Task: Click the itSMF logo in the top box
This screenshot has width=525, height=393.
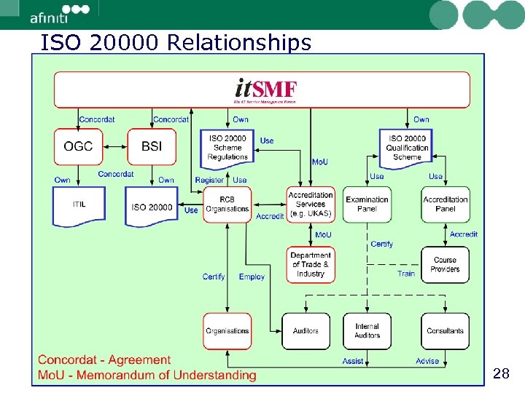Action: pyautogui.click(x=265, y=89)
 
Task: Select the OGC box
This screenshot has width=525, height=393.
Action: pyautogui.click(x=78, y=146)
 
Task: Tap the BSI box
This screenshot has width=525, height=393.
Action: pyautogui.click(x=152, y=146)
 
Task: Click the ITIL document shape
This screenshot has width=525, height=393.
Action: pyautogui.click(x=78, y=205)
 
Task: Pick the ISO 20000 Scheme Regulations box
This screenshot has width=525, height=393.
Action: pyautogui.click(x=227, y=148)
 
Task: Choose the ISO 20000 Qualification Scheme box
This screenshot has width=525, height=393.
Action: pyautogui.click(x=407, y=148)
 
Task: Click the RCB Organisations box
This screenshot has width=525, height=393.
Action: pyautogui.click(x=227, y=205)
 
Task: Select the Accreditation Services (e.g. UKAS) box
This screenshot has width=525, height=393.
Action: pyautogui.click(x=311, y=205)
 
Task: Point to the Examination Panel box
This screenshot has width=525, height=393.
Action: pyautogui.click(x=367, y=205)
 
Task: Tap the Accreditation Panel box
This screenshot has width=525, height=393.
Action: pyautogui.click(x=445, y=205)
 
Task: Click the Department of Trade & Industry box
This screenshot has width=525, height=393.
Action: pyautogui.click(x=311, y=265)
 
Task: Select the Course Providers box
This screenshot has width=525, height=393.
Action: pyautogui.click(x=445, y=265)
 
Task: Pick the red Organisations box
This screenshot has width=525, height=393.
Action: pyautogui.click(x=227, y=331)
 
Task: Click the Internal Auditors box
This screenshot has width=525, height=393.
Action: pyautogui.click(x=367, y=331)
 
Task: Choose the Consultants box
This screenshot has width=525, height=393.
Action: pyautogui.click(x=445, y=331)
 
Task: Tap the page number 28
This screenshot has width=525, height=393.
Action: pyautogui.click(x=501, y=374)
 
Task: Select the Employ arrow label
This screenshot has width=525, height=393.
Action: pyautogui.click(x=252, y=277)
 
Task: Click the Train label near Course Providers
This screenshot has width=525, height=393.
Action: pyautogui.click(x=406, y=274)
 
